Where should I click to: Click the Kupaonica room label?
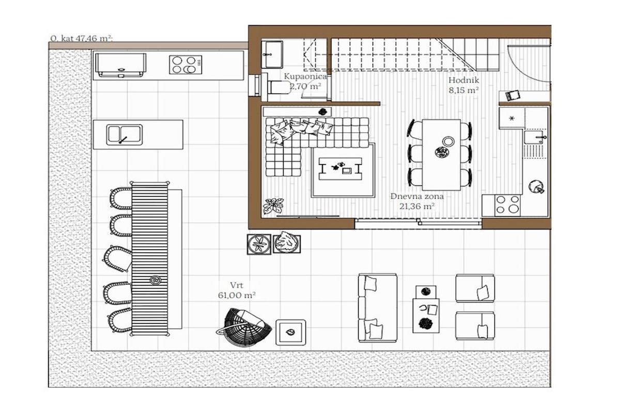(x=305, y=76)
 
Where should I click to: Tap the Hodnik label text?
(x=463, y=80)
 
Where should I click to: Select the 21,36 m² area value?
(x=417, y=206)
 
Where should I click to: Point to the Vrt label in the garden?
(x=237, y=285)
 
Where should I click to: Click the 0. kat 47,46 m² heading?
(x=82, y=38)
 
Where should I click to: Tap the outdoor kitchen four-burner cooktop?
(x=185, y=65)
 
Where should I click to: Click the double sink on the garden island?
(x=125, y=134)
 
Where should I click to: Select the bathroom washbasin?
(x=272, y=55)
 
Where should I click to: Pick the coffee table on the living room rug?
(x=340, y=169)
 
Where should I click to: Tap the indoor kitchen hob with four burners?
(x=507, y=205)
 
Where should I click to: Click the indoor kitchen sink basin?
(x=534, y=137)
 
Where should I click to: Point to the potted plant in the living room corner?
(x=273, y=206)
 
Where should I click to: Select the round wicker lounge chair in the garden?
(x=243, y=327)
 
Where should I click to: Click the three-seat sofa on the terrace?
(x=378, y=308)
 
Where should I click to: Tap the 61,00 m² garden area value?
(x=237, y=295)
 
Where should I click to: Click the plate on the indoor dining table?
(x=448, y=141)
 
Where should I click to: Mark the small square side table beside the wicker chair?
(x=290, y=332)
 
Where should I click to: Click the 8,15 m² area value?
(x=463, y=90)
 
